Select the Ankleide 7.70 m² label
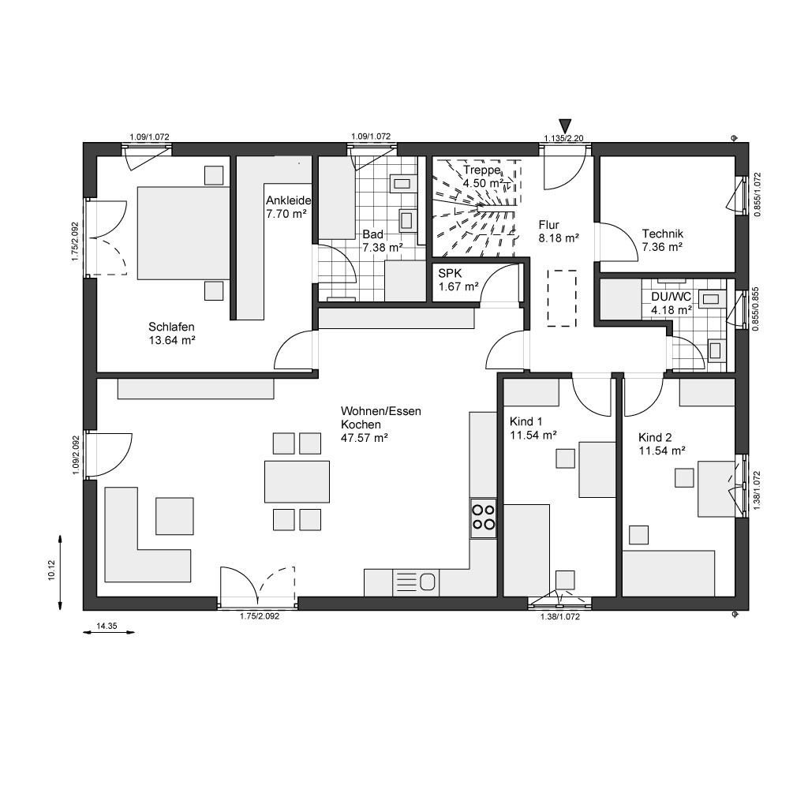pos(288,207)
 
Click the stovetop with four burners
pos(484,518)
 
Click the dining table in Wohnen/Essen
pos(297,482)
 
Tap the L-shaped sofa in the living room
pos(148,534)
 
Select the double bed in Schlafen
pos(183,233)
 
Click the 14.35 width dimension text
pos(107,626)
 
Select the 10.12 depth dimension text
pos(51,571)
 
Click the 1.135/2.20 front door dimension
pos(563,138)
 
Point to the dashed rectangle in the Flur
pos(562,297)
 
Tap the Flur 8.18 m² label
pos(559,231)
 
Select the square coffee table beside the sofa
pos(174,516)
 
